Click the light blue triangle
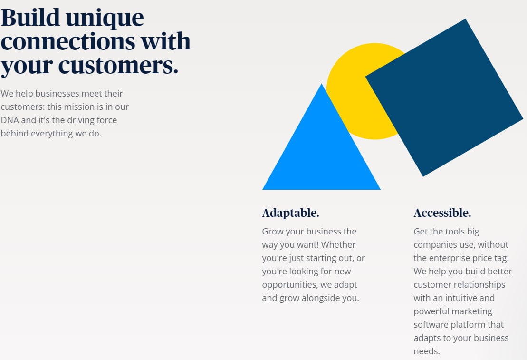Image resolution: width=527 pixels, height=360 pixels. tap(321, 148)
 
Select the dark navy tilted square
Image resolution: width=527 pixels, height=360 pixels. tap(444, 97)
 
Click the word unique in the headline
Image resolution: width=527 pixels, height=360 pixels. tap(105, 18)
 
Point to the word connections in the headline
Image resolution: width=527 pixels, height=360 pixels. tap(68, 41)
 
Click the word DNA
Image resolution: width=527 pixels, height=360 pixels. tap(10, 120)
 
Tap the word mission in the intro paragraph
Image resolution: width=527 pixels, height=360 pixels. tap(79, 107)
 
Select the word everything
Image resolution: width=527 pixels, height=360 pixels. tap(52, 134)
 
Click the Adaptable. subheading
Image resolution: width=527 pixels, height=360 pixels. tap(290, 214)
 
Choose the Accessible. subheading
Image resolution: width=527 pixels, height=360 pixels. tap(442, 213)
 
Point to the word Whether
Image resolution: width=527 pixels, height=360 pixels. tap(338, 244)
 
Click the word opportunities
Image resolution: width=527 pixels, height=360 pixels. tap(290, 285)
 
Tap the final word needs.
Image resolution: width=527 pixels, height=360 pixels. tap(427, 351)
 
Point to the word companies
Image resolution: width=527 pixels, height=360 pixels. tap(436, 245)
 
